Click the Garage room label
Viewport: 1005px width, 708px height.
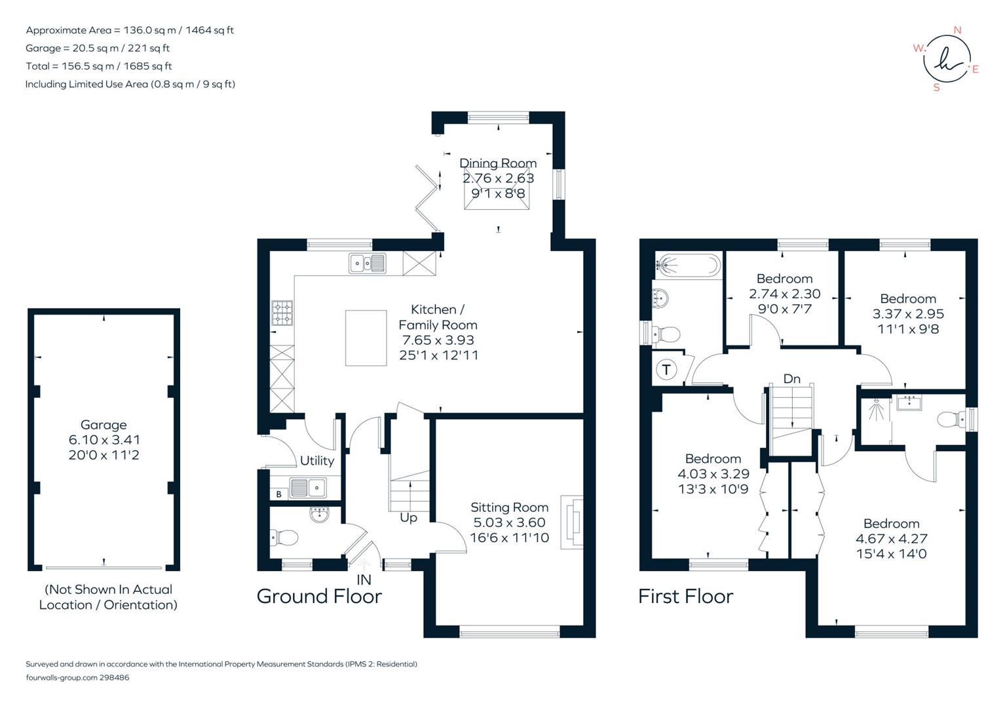pos(104,425)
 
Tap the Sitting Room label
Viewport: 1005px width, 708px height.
pos(509,507)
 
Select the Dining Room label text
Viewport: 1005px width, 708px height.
pos(498,163)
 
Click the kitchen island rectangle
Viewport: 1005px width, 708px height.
pos(366,338)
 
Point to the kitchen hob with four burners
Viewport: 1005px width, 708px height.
pos(282,313)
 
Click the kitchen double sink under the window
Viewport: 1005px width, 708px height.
pos(368,263)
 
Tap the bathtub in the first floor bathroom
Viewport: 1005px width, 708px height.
pos(688,265)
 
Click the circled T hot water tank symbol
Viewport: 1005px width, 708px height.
pos(666,370)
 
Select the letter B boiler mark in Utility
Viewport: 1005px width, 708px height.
pos(278,494)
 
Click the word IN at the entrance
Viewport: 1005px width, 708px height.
pos(364,580)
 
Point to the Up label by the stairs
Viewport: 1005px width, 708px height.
pos(408,518)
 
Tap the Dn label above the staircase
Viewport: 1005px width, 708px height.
pos(792,379)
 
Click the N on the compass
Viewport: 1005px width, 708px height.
pos(957,30)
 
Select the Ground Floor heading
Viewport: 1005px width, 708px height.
pos(319,597)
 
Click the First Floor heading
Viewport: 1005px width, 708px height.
pos(685,597)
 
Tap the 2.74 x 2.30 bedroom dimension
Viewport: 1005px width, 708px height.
pos(785,294)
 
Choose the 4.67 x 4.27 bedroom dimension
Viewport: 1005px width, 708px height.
pos(892,539)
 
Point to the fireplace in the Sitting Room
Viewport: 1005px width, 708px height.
pos(572,522)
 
